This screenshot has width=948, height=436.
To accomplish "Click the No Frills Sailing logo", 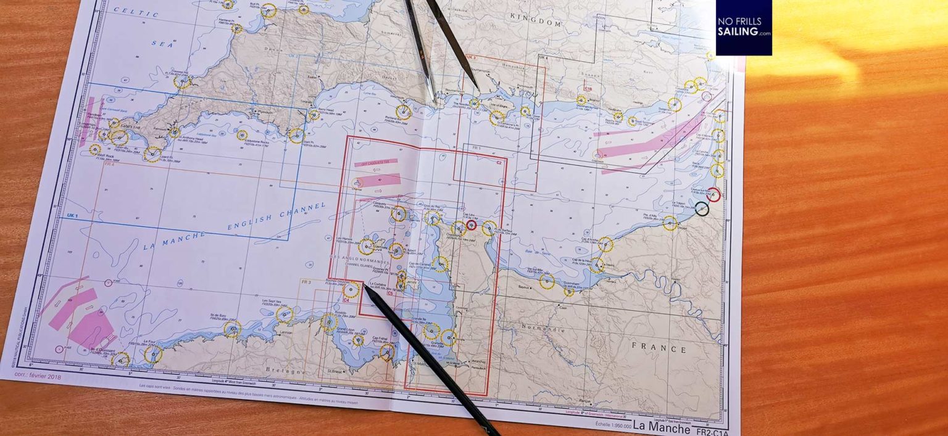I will (x=743, y=27).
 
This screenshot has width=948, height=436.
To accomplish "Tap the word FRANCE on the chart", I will (x=659, y=348).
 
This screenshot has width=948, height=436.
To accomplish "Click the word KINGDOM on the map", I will (x=536, y=23).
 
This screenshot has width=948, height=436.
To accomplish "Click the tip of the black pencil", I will (x=365, y=287).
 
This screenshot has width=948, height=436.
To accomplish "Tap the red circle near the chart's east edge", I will (x=713, y=194).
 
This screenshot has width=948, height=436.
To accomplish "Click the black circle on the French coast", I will (x=702, y=209).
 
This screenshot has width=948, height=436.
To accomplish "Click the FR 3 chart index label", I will (x=306, y=282).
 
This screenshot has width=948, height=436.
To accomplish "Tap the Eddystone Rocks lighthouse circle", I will (x=242, y=134).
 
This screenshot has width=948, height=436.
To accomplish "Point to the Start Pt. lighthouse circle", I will (x=296, y=135).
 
